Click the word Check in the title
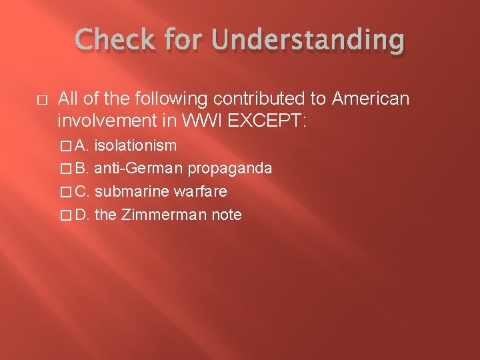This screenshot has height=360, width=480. coord(115,41)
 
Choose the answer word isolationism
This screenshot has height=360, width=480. coord(135,145)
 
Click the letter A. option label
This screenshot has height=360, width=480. coord(83,145)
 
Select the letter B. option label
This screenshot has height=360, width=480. coord(83,169)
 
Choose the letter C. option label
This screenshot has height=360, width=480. coord(83,192)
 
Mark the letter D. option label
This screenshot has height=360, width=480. coord(83,215)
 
